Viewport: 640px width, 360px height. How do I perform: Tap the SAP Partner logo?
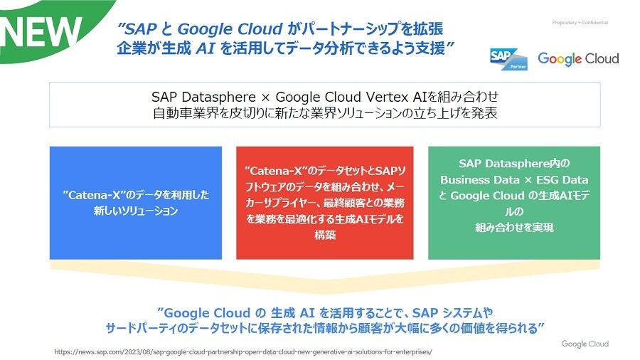pyautogui.click(x=508, y=59)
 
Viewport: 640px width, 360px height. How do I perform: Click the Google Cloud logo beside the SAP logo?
pyautogui.click(x=578, y=59)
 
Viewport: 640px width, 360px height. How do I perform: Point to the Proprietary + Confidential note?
pyautogui.click(x=580, y=23)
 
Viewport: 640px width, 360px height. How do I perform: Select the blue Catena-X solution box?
pyautogui.click(x=136, y=203)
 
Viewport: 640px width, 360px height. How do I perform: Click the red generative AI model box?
pyautogui.click(x=325, y=203)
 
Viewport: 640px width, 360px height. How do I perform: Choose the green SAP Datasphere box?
pyautogui.click(x=514, y=203)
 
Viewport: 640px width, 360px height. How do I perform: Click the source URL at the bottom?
pyautogui.click(x=243, y=352)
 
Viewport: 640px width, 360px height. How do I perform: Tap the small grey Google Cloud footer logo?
pyautogui.click(x=585, y=344)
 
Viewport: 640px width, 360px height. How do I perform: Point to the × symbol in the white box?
pyautogui.click(x=265, y=98)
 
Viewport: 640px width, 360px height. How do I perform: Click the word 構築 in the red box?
pyautogui.click(x=325, y=235)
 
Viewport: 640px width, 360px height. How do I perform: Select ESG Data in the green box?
pyautogui.click(x=562, y=180)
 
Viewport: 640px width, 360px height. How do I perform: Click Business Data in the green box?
pyautogui.click(x=480, y=180)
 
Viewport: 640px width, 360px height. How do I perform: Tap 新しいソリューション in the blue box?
pyautogui.click(x=136, y=211)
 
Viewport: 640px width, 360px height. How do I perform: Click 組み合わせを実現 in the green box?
pyautogui.click(x=514, y=228)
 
